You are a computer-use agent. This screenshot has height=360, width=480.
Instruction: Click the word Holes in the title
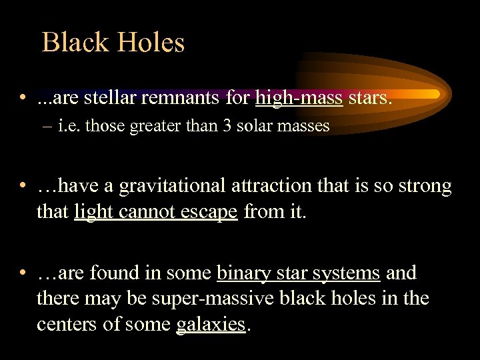click(151, 43)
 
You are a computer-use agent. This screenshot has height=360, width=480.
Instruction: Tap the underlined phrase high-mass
click(299, 99)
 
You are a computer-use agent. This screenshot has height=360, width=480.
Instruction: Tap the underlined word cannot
click(151, 211)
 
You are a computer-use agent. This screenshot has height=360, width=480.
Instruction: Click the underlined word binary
click(245, 273)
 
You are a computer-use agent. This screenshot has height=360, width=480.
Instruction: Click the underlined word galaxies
click(211, 325)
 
